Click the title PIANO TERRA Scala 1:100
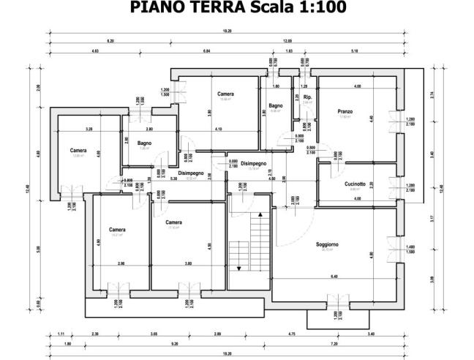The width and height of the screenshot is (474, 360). coord(237,8)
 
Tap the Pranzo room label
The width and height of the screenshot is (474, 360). coord(345,112)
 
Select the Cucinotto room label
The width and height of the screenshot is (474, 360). coord(355,184)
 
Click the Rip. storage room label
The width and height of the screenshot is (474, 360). coord(308,97)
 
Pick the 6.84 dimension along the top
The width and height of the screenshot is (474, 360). coord(206,51)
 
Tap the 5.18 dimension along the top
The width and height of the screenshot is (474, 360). coord(354,51)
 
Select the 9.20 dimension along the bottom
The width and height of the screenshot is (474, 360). coord(176,343)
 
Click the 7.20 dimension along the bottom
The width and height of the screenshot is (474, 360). coord(334,343)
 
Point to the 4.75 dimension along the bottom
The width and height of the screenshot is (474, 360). coord(291,334)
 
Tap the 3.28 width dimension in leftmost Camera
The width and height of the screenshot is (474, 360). coord(89,129)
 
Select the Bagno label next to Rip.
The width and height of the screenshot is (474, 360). coord(275,107)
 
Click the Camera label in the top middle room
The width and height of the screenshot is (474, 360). coord(225,94)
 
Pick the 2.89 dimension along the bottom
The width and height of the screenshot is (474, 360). coord(217,334)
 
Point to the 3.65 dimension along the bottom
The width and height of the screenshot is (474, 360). coord(154,334)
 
